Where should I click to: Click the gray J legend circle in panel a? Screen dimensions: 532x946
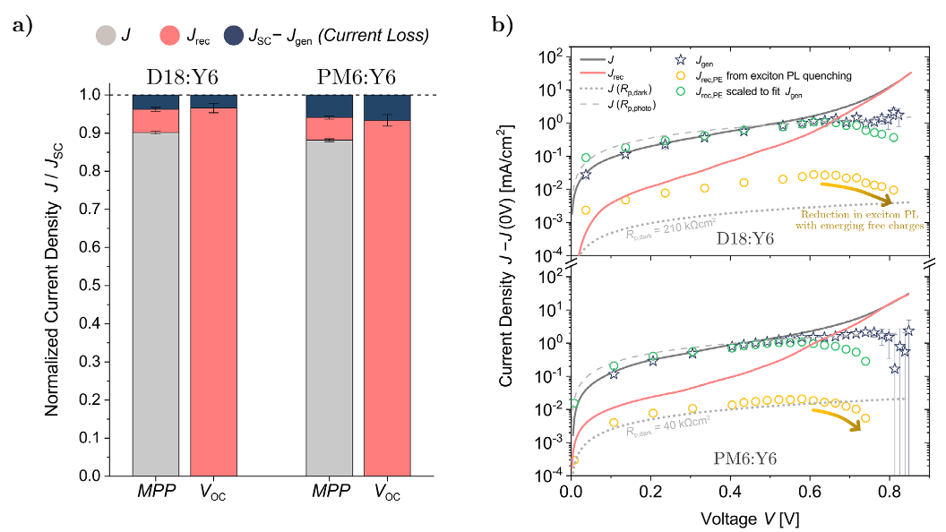pos(105,37)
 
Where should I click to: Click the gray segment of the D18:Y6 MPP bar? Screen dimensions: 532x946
pos(156,305)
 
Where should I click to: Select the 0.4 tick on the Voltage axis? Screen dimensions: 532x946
pos(731,492)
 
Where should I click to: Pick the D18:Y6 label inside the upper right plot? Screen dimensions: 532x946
pos(745,241)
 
